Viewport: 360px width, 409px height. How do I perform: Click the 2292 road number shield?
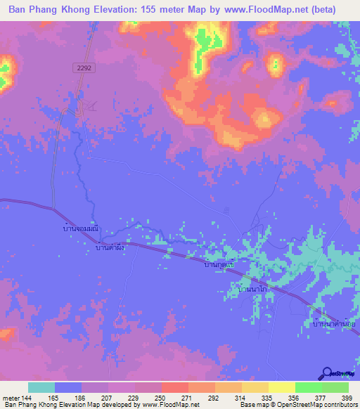point(82,67)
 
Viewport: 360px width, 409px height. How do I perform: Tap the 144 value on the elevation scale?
point(27,398)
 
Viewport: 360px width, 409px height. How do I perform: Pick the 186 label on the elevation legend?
point(80,398)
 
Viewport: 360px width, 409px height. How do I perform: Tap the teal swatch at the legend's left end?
point(41,387)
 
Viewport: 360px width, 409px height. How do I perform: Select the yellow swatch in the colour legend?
point(281,387)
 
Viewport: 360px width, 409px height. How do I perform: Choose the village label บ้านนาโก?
point(254,289)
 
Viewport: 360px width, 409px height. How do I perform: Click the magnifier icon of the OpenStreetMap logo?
point(328,373)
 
